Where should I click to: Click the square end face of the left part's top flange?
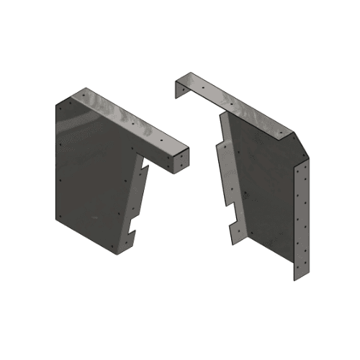tap(181, 159)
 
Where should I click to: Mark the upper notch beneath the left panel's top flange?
tap(144, 170)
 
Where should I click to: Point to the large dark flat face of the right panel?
tap(263, 187)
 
